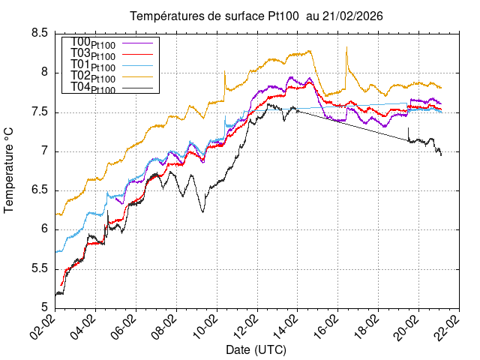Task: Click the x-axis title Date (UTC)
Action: pyautogui.click(x=256, y=349)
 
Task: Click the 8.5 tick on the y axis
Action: pyautogui.click(x=40, y=33)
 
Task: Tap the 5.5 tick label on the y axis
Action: pyautogui.click(x=40, y=268)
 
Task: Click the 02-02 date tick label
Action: pyautogui.click(x=45, y=328)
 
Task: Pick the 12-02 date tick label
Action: pyautogui.click(x=247, y=328)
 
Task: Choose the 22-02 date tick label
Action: pyautogui.click(x=449, y=328)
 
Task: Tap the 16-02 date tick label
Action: pyautogui.click(x=328, y=328)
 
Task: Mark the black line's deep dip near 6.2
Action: pyautogui.click(x=202, y=211)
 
